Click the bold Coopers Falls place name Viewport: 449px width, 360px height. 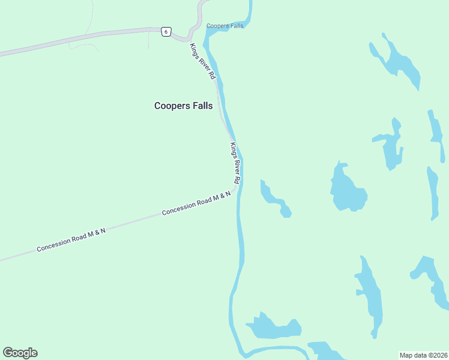click(x=183, y=106)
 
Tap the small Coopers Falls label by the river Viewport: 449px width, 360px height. click(x=224, y=26)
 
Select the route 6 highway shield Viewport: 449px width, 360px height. click(x=166, y=32)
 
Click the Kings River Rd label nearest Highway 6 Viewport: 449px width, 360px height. click(x=202, y=61)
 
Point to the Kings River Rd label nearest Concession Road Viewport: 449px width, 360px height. click(x=236, y=163)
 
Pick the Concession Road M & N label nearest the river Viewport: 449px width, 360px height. click(x=196, y=203)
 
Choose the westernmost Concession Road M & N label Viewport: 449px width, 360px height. click(x=71, y=239)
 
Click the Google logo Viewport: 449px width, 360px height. click(x=20, y=353)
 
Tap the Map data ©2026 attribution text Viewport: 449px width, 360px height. click(x=423, y=355)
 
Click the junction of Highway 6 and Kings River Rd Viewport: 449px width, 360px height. click(x=187, y=38)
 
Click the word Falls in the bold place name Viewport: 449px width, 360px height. click(x=200, y=106)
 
